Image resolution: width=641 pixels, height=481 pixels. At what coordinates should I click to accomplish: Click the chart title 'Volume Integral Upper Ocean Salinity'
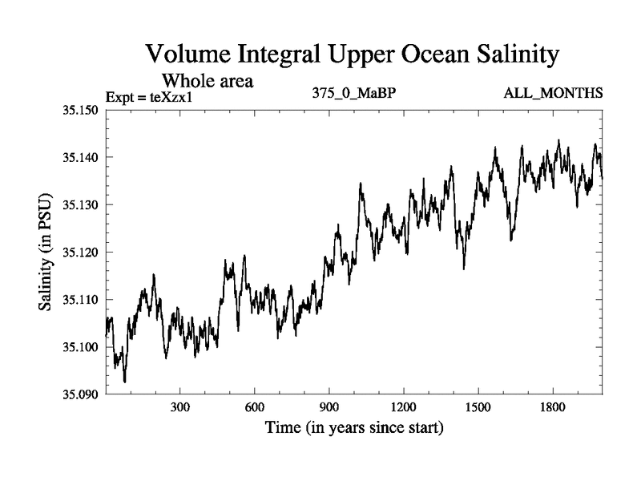pos(350,56)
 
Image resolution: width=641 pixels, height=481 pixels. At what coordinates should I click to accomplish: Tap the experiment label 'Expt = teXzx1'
pos(151,98)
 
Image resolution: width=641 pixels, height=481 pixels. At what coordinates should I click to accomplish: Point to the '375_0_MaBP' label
pos(355,94)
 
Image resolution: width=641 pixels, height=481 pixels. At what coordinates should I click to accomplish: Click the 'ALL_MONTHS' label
pos(553,94)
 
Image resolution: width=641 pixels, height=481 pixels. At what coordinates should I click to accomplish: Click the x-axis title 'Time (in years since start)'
pos(354,428)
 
